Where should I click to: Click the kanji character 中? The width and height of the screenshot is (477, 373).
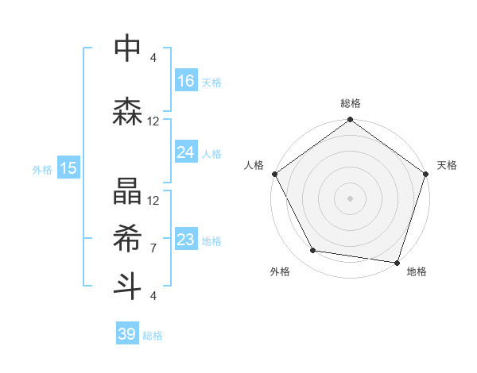128,48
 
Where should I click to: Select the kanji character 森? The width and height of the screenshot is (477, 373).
128,112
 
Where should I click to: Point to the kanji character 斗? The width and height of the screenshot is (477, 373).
128,285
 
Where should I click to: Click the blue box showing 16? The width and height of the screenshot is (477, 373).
186,81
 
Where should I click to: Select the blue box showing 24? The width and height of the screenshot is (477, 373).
186,152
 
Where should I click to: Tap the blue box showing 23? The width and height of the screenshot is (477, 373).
186,240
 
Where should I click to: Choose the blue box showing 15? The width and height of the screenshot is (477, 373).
68,168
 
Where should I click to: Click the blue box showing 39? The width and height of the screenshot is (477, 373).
127,334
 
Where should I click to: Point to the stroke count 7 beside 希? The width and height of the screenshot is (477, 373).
153,248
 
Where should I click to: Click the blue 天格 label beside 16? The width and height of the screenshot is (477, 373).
211,82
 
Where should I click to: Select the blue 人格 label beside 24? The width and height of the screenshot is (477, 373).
211,153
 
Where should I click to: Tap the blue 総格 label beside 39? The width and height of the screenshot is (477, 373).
153,336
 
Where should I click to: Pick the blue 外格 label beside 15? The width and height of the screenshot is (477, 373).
42,169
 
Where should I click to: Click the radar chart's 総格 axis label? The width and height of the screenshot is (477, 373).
351,103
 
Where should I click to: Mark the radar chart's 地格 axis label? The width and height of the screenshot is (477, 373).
417,272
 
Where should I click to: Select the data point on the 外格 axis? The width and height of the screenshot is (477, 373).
312,251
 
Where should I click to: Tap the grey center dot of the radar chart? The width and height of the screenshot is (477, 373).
351,198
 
